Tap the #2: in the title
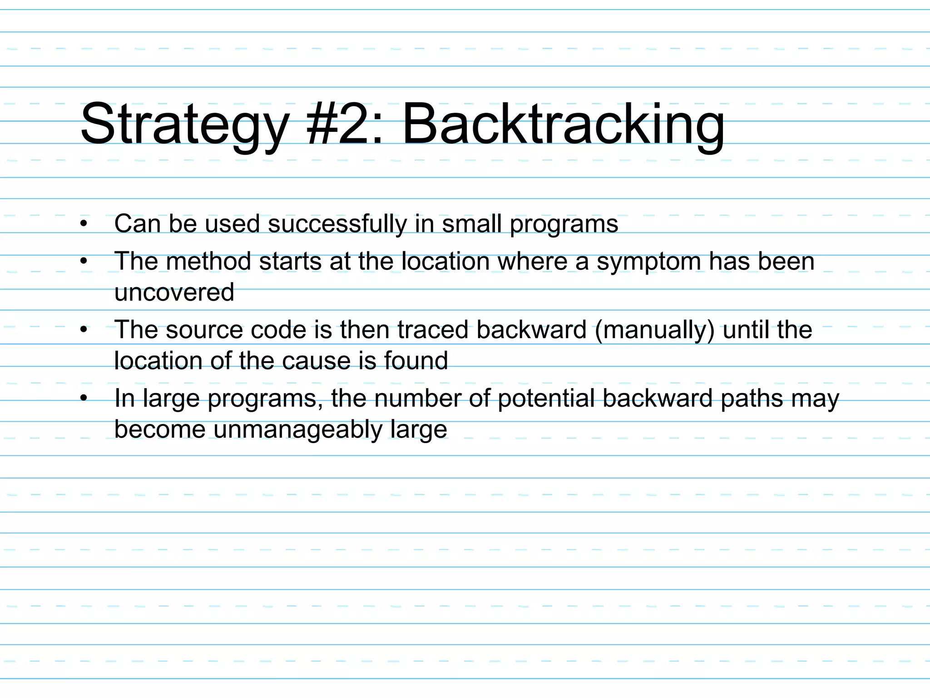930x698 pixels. pyautogui.click(x=345, y=124)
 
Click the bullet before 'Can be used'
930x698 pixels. pyautogui.click(x=83, y=224)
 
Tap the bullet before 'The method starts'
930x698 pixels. pyautogui.click(x=83, y=261)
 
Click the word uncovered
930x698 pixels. pyautogui.click(x=174, y=292)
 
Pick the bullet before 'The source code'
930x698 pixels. pyautogui.click(x=83, y=330)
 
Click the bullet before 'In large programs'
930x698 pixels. pyautogui.click(x=83, y=399)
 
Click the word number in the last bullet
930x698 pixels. pyautogui.click(x=417, y=398)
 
